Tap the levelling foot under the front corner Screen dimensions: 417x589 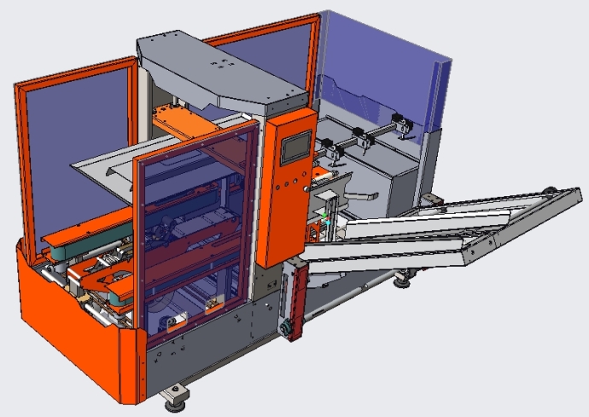click(x=178, y=394)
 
